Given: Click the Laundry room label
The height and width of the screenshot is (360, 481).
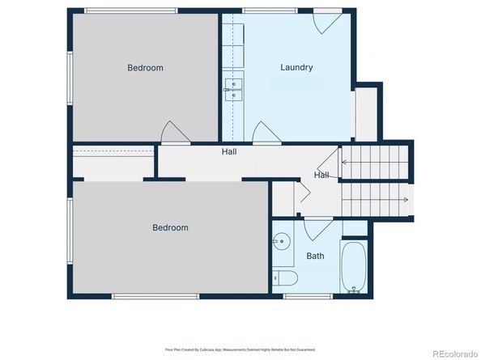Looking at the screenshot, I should pyautogui.click(x=296, y=67).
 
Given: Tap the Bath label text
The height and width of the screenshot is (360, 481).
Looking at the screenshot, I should pyautogui.click(x=315, y=256).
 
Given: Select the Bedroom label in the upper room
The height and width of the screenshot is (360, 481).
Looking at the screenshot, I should pyautogui.click(x=145, y=68).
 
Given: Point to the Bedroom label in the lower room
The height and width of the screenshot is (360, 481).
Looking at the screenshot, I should pyautogui.click(x=170, y=228).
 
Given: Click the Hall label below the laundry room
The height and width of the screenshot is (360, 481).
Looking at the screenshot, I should pyautogui.click(x=229, y=151).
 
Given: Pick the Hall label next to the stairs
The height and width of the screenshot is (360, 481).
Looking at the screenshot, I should pyautogui.click(x=321, y=175).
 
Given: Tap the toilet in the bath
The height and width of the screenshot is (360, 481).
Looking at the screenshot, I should pyautogui.click(x=286, y=278).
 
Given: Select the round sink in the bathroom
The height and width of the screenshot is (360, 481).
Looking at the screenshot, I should pyautogui.click(x=281, y=241).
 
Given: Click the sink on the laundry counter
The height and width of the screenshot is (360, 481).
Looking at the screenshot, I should pyautogui.click(x=233, y=89).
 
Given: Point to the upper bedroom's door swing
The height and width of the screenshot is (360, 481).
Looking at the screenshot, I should pyautogui.click(x=174, y=133).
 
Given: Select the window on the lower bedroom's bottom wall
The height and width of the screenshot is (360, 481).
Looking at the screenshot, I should pyautogui.click(x=144, y=296).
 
